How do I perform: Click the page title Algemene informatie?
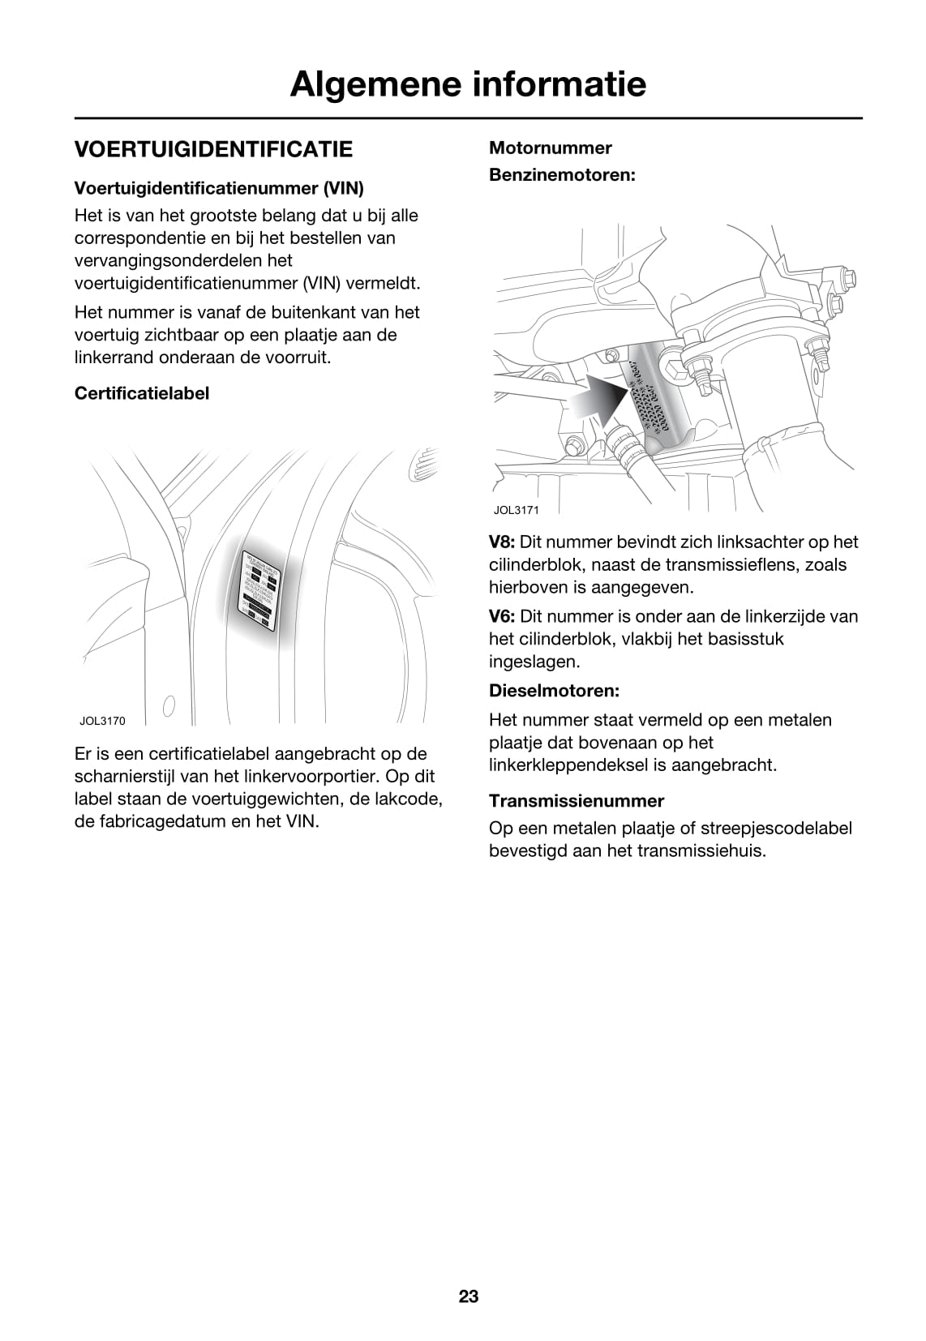(x=468, y=84)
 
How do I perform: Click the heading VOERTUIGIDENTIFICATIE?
(x=213, y=149)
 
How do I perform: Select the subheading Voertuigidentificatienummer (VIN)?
(x=219, y=188)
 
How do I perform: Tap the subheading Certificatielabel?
(x=142, y=393)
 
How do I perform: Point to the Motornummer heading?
(x=550, y=148)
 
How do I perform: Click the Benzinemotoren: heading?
(x=562, y=174)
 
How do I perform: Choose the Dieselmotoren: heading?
(x=554, y=691)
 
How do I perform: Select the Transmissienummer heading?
(x=576, y=801)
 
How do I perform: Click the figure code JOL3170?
(x=102, y=721)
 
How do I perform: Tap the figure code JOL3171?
(x=516, y=510)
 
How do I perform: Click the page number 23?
(x=469, y=1296)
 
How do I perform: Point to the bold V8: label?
(x=502, y=542)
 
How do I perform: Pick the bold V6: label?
(x=502, y=617)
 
